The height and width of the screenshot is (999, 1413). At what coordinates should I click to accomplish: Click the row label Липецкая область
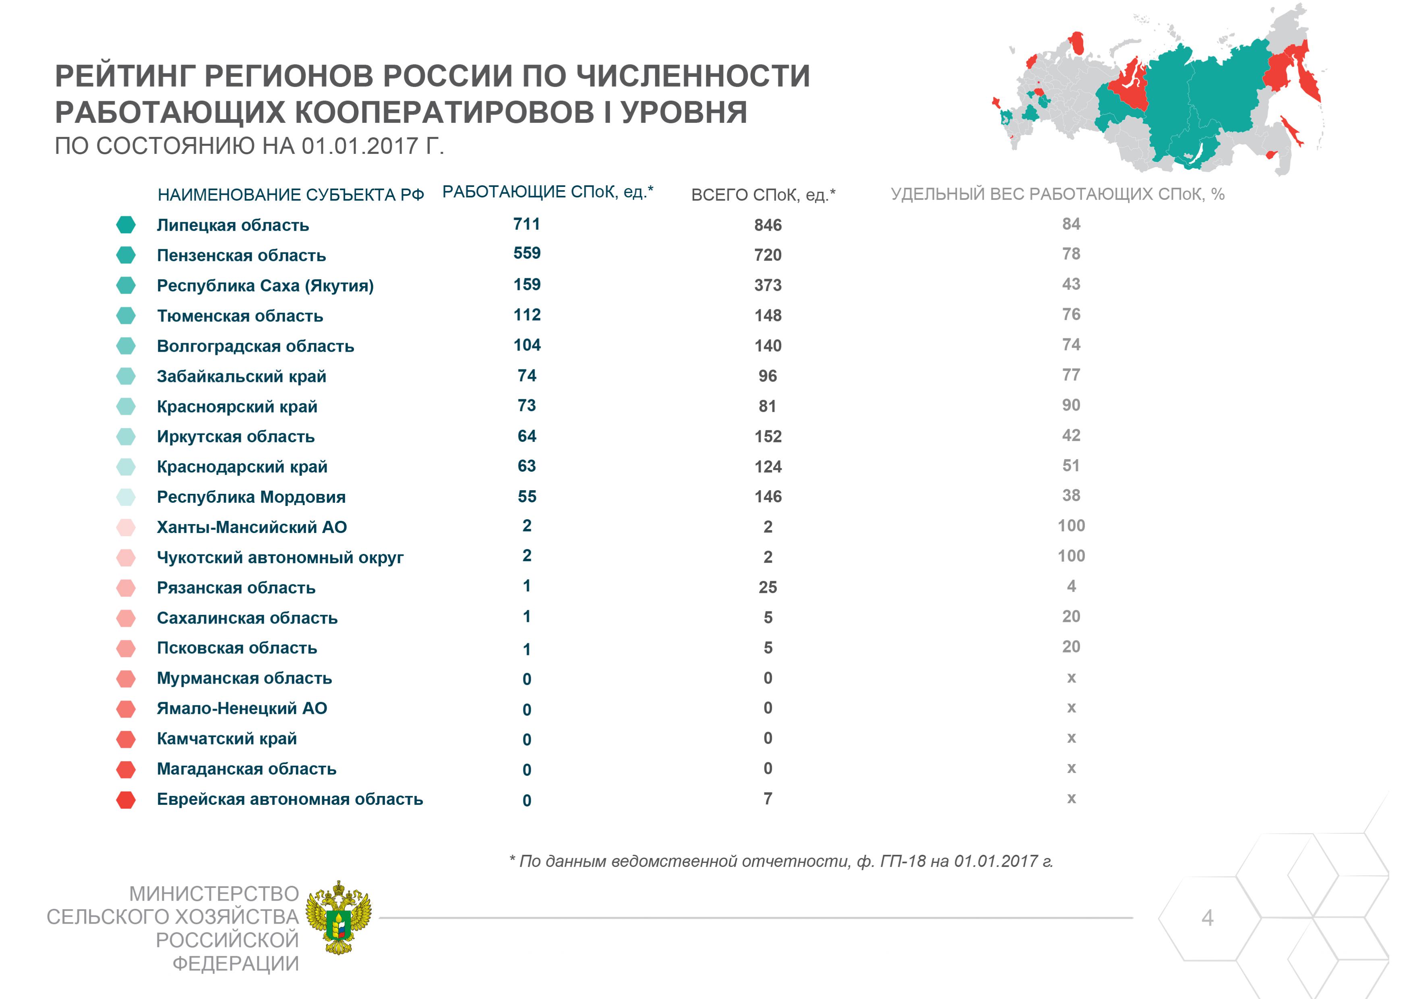pyautogui.click(x=233, y=225)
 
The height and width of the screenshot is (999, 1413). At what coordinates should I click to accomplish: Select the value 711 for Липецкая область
pyautogui.click(x=527, y=224)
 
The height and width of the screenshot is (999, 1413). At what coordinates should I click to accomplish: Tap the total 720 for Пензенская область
pyautogui.click(x=768, y=255)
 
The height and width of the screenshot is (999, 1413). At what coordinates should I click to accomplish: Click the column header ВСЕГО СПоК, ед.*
pyautogui.click(x=763, y=195)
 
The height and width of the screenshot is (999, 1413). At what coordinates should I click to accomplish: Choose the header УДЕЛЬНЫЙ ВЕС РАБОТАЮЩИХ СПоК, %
pyautogui.click(x=1057, y=195)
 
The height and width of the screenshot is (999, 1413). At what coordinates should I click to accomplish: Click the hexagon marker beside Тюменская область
pyautogui.click(x=126, y=316)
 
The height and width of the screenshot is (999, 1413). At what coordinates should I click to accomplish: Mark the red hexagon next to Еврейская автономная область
pyautogui.click(x=126, y=800)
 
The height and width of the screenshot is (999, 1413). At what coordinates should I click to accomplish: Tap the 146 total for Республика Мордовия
pyautogui.click(x=768, y=497)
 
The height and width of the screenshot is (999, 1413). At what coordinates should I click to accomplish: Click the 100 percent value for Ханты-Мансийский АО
pyautogui.click(x=1071, y=526)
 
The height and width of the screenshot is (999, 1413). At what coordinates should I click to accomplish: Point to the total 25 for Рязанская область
pyautogui.click(x=768, y=587)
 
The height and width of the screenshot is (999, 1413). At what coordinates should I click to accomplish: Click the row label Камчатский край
pyautogui.click(x=226, y=739)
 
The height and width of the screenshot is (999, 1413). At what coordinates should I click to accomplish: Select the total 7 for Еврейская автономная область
pyautogui.click(x=768, y=799)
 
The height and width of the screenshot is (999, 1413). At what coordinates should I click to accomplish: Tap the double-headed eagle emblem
pyautogui.click(x=339, y=918)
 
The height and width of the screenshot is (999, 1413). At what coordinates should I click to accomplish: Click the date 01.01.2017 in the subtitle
pyautogui.click(x=360, y=147)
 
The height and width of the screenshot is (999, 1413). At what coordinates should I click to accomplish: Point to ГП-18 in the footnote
pyautogui.click(x=903, y=861)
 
